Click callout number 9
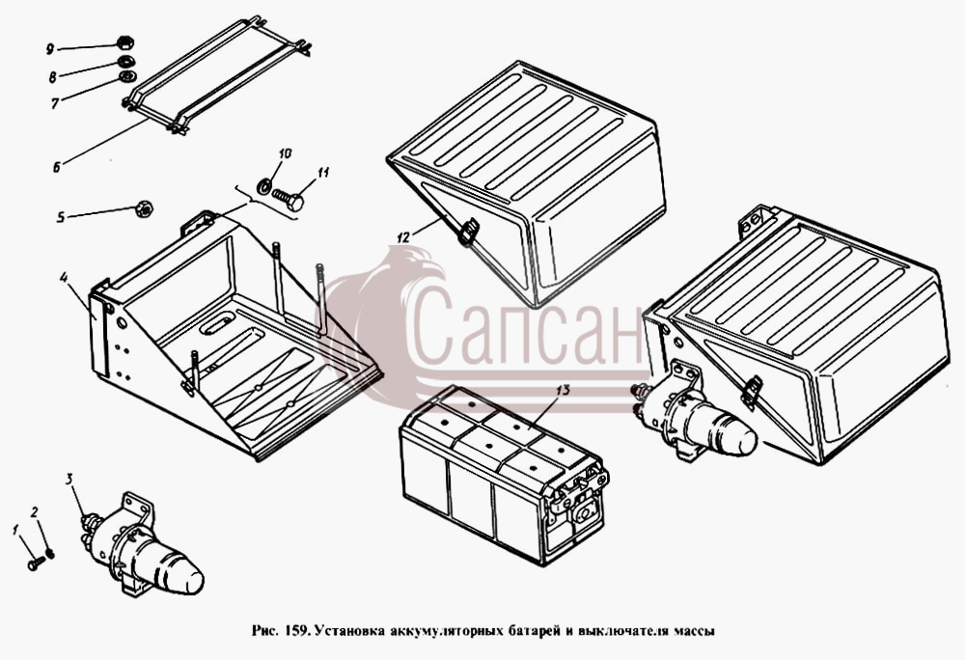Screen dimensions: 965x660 pyautogui.click(x=50, y=48)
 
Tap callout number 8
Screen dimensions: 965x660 pyautogui.click(x=53, y=77)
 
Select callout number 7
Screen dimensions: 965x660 pyautogui.click(x=55, y=103)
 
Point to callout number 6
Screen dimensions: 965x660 pyautogui.click(x=57, y=166)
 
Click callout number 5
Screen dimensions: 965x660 pyautogui.click(x=60, y=217)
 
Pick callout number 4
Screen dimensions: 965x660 pyautogui.click(x=64, y=277)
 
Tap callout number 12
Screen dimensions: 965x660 pyautogui.click(x=403, y=237)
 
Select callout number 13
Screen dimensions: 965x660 pyautogui.click(x=564, y=390)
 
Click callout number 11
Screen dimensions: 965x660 pyautogui.click(x=323, y=173)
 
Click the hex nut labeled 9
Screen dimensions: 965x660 pyautogui.click(x=125, y=43)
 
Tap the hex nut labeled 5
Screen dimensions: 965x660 pyautogui.click(x=144, y=208)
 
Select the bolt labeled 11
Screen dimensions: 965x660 pyautogui.click(x=288, y=200)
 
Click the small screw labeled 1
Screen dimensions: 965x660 pyautogui.click(x=36, y=563)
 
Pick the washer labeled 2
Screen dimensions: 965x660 pyautogui.click(x=50, y=554)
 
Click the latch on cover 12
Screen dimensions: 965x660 pyautogui.click(x=468, y=231)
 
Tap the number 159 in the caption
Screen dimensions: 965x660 pyautogui.click(x=293, y=631)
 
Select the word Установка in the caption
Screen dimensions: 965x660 pyautogui.click(x=350, y=631)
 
